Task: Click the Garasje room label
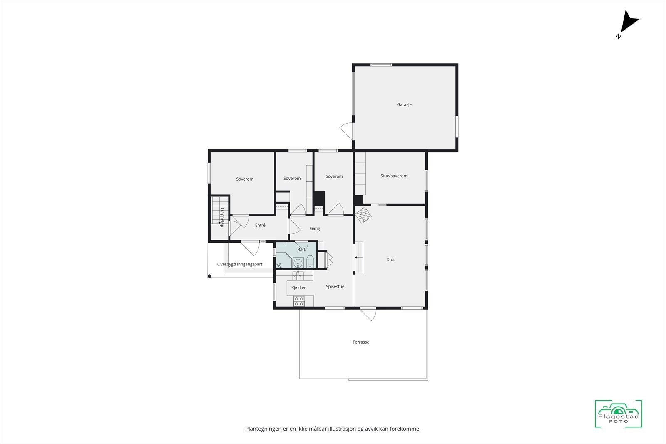pyautogui.click(x=404, y=105)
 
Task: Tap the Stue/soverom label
pyautogui.click(x=394, y=176)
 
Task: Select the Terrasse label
pyautogui.click(x=361, y=342)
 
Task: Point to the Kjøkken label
pyautogui.click(x=299, y=288)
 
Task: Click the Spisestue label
pyautogui.click(x=335, y=287)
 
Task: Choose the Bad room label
pyautogui.click(x=301, y=250)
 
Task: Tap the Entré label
pyautogui.click(x=260, y=226)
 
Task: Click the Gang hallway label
pyautogui.click(x=315, y=228)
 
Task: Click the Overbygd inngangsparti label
pyautogui.click(x=240, y=265)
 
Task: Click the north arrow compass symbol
pyautogui.click(x=628, y=23)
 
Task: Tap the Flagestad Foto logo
pyautogui.click(x=618, y=414)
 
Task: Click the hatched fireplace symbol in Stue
pyautogui.click(x=363, y=215)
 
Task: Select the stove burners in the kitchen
pyautogui.click(x=299, y=301)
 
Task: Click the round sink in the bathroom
pyautogui.click(x=298, y=263)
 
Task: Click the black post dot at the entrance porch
pyautogui.click(x=209, y=276)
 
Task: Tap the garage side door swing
pyautogui.click(x=347, y=130)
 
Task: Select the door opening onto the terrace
pyautogui.click(x=368, y=314)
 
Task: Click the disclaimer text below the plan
pyautogui.click(x=333, y=429)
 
